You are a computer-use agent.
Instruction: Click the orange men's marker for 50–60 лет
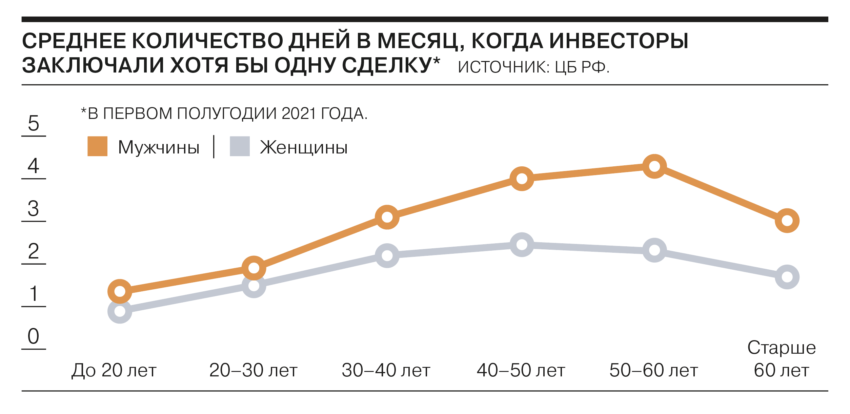point(654,166)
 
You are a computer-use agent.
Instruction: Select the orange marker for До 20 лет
point(120,291)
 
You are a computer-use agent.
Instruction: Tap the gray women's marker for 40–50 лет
point(522,245)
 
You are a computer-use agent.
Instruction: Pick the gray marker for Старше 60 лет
point(787,277)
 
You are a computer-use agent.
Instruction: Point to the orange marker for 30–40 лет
point(387,217)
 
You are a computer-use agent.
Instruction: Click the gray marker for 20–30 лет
point(254,286)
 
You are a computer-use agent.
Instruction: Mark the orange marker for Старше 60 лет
point(787,221)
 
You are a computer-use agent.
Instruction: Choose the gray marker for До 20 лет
point(120,311)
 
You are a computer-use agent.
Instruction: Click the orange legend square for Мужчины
point(97,146)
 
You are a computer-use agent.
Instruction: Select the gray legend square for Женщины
point(240,146)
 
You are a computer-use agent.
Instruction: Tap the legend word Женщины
point(304,148)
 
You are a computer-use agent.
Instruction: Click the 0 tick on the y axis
point(34,336)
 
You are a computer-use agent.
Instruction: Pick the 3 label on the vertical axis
point(34,209)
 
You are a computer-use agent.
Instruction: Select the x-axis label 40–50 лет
point(521,370)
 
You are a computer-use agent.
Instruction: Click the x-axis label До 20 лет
point(114,370)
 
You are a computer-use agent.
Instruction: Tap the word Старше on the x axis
point(782,348)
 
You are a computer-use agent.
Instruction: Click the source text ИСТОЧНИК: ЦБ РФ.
point(533,67)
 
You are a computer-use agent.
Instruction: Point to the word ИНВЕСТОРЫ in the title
point(619,41)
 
